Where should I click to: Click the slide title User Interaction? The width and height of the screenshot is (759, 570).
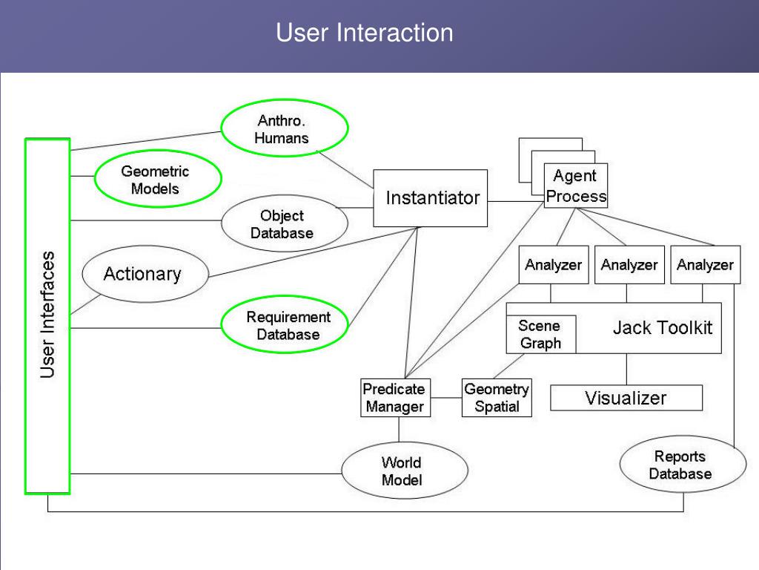tap(365, 33)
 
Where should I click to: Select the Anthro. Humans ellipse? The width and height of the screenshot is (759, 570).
tap(285, 128)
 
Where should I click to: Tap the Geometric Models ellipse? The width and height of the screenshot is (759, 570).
tap(158, 180)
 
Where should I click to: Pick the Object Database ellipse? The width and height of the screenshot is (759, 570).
tap(285, 223)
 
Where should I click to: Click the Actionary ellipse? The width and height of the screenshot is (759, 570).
tap(145, 274)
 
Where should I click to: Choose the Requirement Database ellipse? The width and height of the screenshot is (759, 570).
tap(285, 325)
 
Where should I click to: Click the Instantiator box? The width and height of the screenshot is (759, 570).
tap(431, 197)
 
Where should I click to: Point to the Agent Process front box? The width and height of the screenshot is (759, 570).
tap(575, 186)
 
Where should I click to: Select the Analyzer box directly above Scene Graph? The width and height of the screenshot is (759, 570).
tap(554, 265)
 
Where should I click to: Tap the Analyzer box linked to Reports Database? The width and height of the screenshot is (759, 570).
tap(706, 265)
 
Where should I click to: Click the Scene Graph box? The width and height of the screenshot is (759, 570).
tap(541, 335)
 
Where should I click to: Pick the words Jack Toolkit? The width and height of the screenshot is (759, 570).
tap(662, 328)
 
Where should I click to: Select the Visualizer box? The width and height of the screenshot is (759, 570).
tap(626, 398)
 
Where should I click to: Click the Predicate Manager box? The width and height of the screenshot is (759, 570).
tap(396, 398)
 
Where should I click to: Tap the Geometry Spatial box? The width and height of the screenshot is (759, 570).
tap(497, 398)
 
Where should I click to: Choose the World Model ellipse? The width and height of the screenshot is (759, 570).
tap(405, 471)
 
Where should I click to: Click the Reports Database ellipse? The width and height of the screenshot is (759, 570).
tap(683, 465)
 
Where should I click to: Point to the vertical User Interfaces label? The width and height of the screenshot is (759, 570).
tap(47, 315)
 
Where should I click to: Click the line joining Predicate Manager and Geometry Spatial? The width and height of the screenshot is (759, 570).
tap(446, 398)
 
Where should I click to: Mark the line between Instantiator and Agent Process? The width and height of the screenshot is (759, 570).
tap(516, 202)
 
